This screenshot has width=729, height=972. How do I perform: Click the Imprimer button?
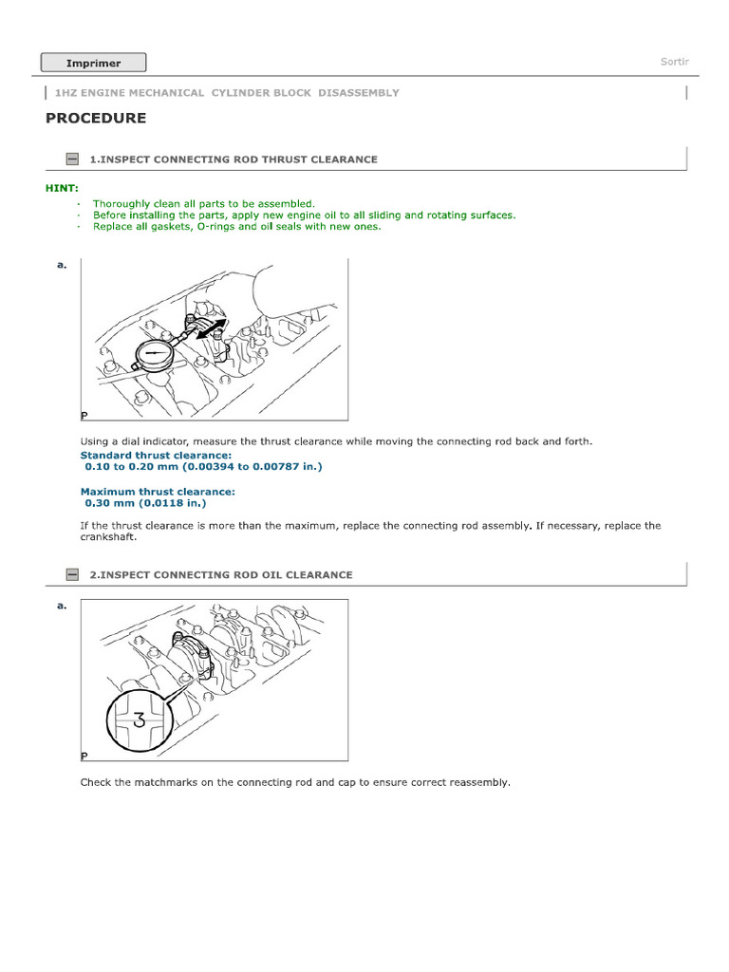click(x=93, y=63)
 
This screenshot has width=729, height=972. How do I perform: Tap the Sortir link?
click(x=674, y=62)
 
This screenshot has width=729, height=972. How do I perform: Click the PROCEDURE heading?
click(x=96, y=119)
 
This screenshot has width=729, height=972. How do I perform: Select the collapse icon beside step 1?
click(x=72, y=159)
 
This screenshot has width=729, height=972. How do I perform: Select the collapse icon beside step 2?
click(x=72, y=574)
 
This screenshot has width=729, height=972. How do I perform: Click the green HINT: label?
click(x=62, y=188)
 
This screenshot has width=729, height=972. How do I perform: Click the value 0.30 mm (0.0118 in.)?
click(x=145, y=503)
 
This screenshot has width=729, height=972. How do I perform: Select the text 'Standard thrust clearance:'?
click(x=156, y=456)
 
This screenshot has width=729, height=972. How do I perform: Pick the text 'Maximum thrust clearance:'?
click(x=158, y=492)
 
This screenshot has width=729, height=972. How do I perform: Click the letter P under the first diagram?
click(x=84, y=416)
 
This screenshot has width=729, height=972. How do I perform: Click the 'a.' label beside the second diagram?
click(x=62, y=605)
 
